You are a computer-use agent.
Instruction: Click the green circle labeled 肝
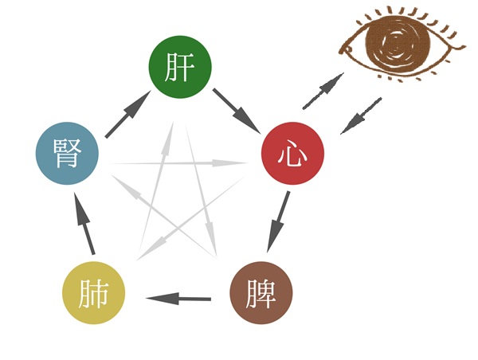[180, 67]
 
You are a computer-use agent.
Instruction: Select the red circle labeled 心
[293, 154]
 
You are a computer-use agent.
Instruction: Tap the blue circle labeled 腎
[68, 154]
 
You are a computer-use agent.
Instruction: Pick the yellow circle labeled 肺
[93, 292]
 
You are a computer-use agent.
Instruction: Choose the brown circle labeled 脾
[261, 292]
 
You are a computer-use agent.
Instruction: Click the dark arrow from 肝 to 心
[237, 112]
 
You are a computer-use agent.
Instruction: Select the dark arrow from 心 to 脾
[278, 222]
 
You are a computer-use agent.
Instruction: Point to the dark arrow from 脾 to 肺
[178, 298]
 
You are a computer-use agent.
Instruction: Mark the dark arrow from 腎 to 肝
[128, 114]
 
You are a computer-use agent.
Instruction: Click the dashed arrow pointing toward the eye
[323, 91]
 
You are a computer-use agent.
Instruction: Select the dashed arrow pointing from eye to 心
[361, 115]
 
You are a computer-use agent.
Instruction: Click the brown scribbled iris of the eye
[398, 45]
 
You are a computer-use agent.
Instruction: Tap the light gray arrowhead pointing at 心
[229, 163]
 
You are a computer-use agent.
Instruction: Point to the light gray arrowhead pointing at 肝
[168, 137]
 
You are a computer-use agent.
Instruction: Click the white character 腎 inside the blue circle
[68, 153]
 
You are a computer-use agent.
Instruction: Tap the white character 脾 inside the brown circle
[261, 293]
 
